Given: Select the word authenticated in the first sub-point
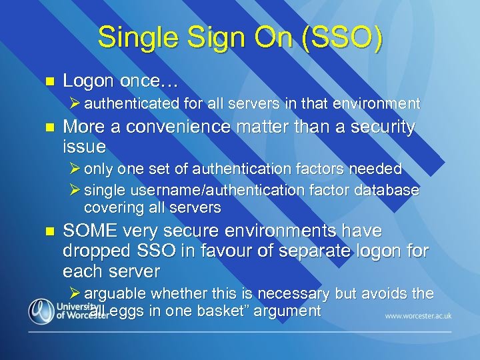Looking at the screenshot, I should tap(132, 103).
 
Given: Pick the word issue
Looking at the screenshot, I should tap(83, 145).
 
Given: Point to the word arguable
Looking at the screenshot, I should tap(115, 293).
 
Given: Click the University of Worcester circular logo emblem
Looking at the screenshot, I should tap(41, 310).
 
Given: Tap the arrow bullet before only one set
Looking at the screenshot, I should tap(75, 169).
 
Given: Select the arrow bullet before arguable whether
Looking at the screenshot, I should tap(75, 293).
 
